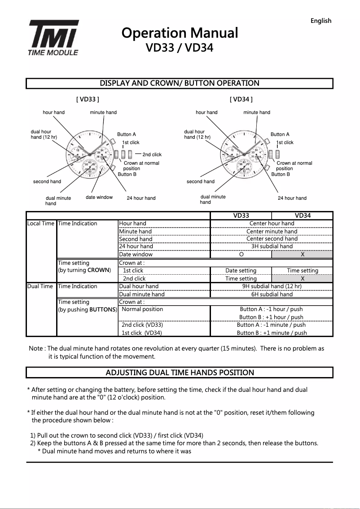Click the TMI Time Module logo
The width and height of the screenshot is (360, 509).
point(54,38)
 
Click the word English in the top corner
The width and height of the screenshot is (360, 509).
point(320,21)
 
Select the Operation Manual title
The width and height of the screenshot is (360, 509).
point(180,33)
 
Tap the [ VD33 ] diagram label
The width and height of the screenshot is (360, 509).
point(88,99)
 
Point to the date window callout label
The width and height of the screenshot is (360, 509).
point(99,197)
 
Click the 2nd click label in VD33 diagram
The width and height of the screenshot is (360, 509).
point(152,155)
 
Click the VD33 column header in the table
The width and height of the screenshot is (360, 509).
point(241,216)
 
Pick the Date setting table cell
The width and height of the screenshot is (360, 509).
point(241,271)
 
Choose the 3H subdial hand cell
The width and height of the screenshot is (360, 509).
point(272,246)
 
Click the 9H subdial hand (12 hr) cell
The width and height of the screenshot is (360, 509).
point(272,286)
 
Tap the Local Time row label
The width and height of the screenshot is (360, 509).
point(41,224)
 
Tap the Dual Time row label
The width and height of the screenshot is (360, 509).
point(41,286)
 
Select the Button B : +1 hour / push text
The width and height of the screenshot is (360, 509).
point(271,317)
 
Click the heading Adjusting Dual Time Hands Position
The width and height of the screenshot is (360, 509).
point(180,373)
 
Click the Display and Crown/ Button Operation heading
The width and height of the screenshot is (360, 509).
point(180,83)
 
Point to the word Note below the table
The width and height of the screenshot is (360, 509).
point(36,349)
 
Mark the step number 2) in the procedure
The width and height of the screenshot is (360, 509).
point(33,443)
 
